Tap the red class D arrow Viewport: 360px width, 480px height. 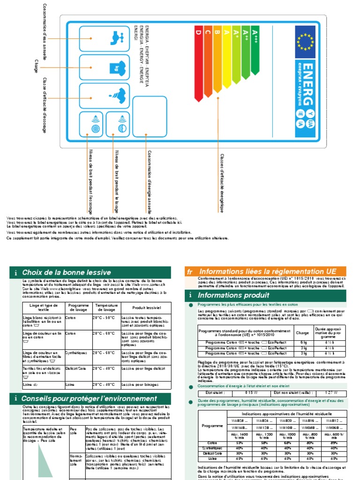coord(198,66)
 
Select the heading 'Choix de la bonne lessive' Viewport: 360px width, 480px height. coord(66,272)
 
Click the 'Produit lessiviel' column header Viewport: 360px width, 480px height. coord(147,307)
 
